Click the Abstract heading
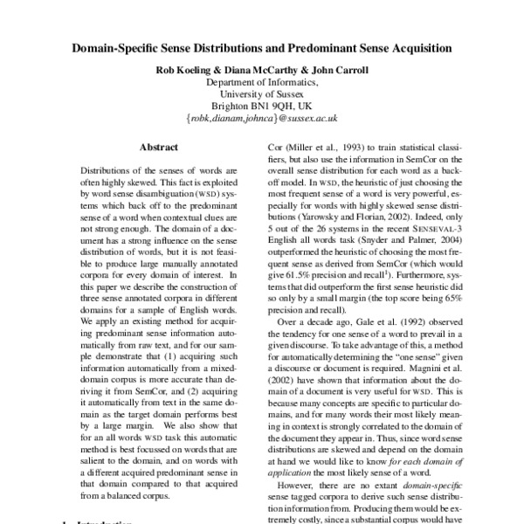pyautogui.click(x=158, y=149)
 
